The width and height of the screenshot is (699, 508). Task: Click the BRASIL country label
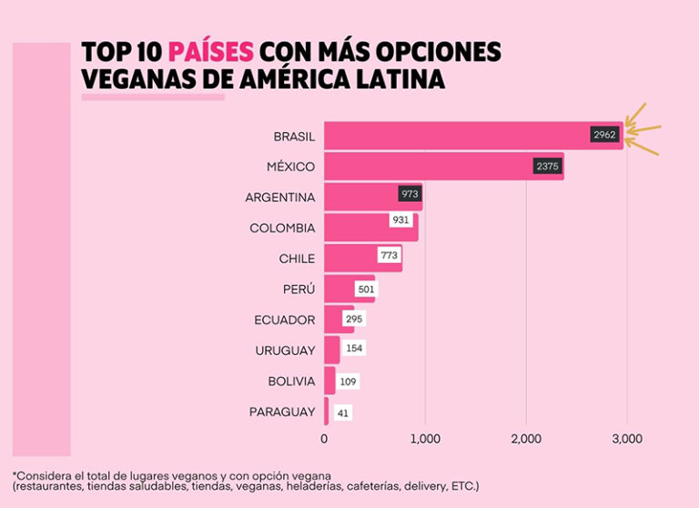[x=294, y=137]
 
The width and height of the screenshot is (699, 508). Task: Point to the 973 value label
[x=410, y=195]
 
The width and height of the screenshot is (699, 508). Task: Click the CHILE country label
[x=297, y=259]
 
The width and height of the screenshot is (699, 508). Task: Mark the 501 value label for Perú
[x=366, y=290]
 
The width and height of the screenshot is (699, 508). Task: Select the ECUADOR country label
[x=285, y=320]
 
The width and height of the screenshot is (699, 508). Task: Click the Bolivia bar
[x=329, y=381]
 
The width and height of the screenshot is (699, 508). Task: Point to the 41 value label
[x=342, y=412]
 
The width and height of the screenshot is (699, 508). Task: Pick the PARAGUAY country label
[x=282, y=412]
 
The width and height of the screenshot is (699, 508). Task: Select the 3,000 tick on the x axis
[x=626, y=439]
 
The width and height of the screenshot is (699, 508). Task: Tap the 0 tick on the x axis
[x=324, y=439]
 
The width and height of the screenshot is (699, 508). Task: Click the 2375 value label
[x=548, y=167]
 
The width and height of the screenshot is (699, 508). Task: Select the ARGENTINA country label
[x=280, y=198]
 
